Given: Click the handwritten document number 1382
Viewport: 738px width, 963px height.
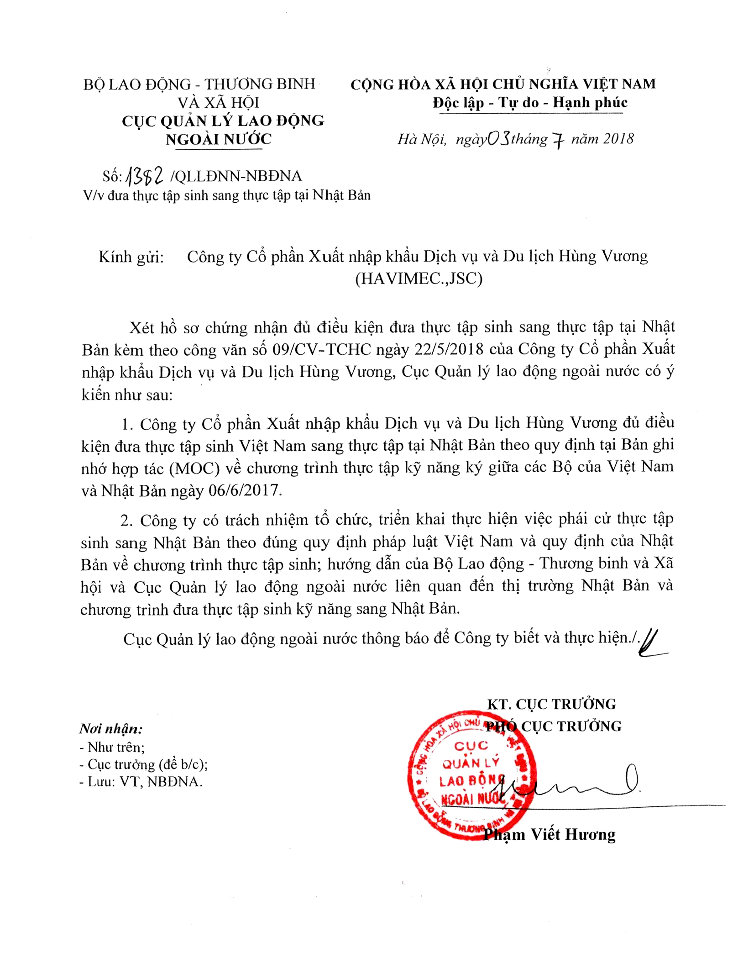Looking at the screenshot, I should point(145,175).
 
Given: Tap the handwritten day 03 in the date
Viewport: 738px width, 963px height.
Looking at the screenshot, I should point(498,138).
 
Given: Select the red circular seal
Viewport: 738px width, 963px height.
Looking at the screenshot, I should point(471,775).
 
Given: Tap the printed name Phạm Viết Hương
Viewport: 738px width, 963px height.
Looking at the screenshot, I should point(550,834).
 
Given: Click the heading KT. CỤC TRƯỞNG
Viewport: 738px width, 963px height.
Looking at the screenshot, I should point(551,704).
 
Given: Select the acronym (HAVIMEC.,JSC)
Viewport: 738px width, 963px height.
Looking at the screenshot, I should point(419,278).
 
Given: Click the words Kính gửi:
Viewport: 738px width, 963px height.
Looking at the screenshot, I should point(131,257).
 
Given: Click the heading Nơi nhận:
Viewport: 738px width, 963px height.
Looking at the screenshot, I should point(111,728).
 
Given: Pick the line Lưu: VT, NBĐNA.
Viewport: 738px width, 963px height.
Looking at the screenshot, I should point(141,782).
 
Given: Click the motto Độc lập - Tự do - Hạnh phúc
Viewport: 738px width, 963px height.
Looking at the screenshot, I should point(530,102).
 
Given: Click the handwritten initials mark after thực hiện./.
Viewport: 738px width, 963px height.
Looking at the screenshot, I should point(652,642).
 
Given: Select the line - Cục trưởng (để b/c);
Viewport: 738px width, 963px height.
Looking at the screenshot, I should point(143,764).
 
